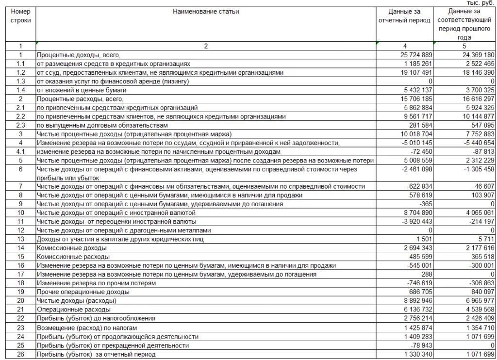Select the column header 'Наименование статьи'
(x=206, y=12)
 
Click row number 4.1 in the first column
(x=20, y=151)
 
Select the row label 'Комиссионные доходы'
(x=67, y=248)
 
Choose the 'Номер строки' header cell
(x=20, y=16)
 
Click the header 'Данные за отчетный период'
(x=404, y=16)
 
